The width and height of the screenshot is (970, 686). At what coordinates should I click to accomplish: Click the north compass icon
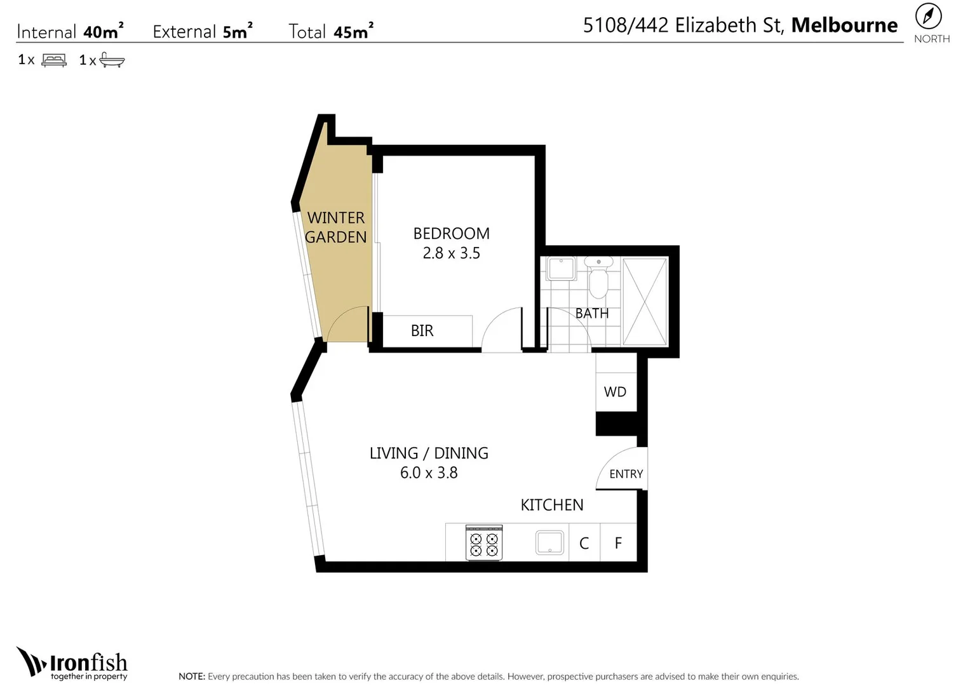pyautogui.click(x=928, y=16)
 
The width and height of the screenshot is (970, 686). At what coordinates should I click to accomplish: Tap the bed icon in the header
pyautogui.click(x=54, y=60)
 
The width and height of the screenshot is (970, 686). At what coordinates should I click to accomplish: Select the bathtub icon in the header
pyautogui.click(x=112, y=60)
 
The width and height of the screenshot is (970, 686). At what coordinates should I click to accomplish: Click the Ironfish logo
pyautogui.click(x=72, y=664)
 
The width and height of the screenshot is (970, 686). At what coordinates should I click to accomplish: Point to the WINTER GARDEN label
pyautogui.click(x=336, y=227)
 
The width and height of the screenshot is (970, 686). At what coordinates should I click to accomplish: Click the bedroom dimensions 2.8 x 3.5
pyautogui.click(x=451, y=253)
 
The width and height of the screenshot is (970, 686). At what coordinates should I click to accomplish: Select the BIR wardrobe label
pyautogui.click(x=422, y=331)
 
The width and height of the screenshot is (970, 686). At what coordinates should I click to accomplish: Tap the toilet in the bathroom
pyautogui.click(x=598, y=278)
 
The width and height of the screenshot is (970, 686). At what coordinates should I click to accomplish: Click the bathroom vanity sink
pyautogui.click(x=561, y=269)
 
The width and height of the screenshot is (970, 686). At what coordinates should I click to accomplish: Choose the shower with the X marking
pyautogui.click(x=645, y=302)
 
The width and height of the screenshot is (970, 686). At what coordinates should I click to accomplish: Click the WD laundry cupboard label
pyautogui.click(x=615, y=392)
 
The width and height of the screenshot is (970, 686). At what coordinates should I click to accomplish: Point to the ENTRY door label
pyautogui.click(x=626, y=474)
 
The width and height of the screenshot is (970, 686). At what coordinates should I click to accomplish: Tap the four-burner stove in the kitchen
pyautogui.click(x=484, y=544)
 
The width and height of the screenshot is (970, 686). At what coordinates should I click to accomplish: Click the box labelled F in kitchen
pyautogui.click(x=618, y=543)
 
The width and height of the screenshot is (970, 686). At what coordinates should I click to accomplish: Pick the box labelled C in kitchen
pyautogui.click(x=584, y=543)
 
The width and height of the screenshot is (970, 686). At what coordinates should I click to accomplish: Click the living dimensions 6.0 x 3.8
pyautogui.click(x=429, y=473)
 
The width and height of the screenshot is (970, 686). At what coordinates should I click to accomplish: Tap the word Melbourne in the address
pyautogui.click(x=844, y=25)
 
